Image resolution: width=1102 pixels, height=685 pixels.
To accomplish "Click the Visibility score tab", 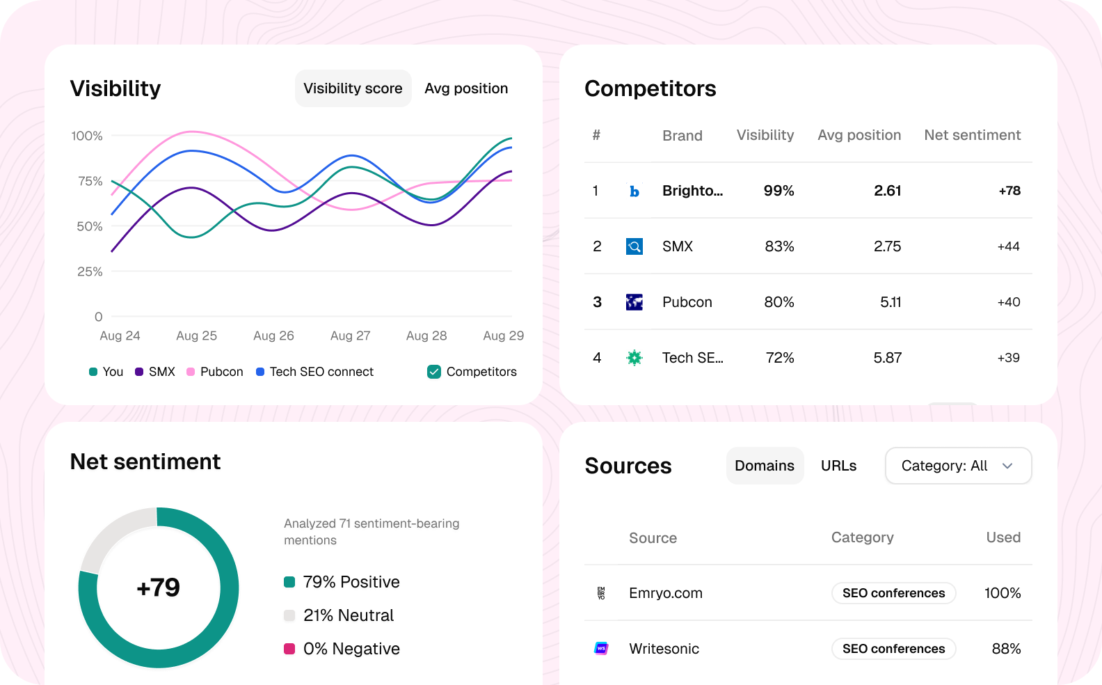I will point(353,88).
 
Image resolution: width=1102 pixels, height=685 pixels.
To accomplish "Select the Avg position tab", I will point(466,88).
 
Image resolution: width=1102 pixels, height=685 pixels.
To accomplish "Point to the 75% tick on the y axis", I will point(90,181).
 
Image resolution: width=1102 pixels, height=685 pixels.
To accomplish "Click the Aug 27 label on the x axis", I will point(350,336).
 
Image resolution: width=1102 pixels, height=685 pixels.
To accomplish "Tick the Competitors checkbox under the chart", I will point(434,372).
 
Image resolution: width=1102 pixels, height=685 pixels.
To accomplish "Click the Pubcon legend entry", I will point(215,372).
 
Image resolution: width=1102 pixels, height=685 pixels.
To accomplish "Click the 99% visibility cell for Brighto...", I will point(778,191).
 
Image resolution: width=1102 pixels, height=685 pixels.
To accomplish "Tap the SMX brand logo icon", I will point(634,246).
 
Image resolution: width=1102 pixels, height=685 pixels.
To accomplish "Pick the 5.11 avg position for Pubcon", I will point(890,302).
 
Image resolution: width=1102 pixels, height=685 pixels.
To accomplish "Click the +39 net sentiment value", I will point(1008,358).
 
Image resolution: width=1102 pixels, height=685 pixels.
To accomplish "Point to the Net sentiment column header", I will point(972,135).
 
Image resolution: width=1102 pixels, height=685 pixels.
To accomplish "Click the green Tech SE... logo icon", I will point(634,358).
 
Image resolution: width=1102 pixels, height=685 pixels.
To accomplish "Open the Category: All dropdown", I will point(958,466).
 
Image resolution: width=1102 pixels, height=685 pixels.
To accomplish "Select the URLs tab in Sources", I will point(838,466).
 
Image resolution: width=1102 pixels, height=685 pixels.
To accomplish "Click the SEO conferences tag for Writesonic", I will point(893,649).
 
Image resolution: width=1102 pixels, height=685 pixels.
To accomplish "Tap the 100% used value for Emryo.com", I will point(1002,593).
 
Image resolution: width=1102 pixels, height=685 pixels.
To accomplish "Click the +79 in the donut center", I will point(159,588).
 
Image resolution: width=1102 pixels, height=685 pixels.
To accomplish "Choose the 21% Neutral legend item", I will point(348,615).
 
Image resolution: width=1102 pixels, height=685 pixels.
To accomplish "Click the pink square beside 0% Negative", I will point(289,649).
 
